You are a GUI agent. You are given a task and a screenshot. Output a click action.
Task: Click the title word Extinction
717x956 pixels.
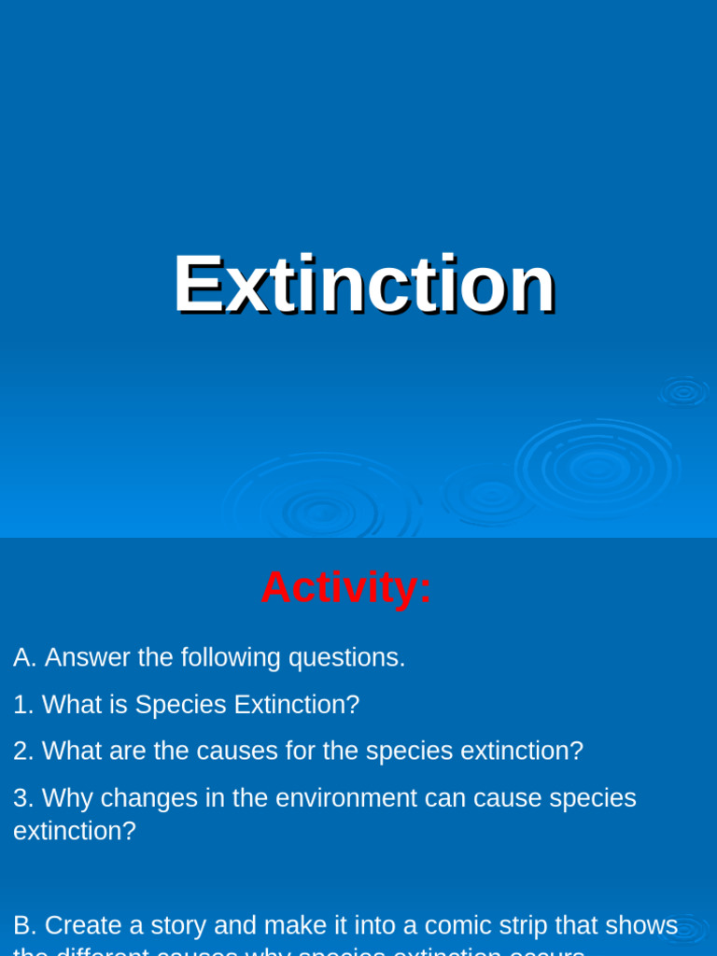[364, 285]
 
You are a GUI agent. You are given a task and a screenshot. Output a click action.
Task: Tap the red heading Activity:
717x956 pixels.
[346, 588]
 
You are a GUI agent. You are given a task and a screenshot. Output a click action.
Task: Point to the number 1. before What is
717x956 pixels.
[23, 705]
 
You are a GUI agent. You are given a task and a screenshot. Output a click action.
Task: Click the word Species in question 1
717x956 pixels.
[180, 705]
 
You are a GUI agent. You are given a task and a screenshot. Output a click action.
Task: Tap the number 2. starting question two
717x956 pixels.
[23, 751]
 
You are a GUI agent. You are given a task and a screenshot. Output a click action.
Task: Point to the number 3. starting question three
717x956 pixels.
[23, 798]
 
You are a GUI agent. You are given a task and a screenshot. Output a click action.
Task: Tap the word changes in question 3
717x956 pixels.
[138, 798]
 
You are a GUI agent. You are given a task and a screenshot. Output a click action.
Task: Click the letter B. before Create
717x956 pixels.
[25, 925]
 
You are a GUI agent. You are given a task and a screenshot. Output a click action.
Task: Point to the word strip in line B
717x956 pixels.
[524, 925]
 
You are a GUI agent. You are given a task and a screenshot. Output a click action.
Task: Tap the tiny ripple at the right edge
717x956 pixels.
[684, 392]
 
